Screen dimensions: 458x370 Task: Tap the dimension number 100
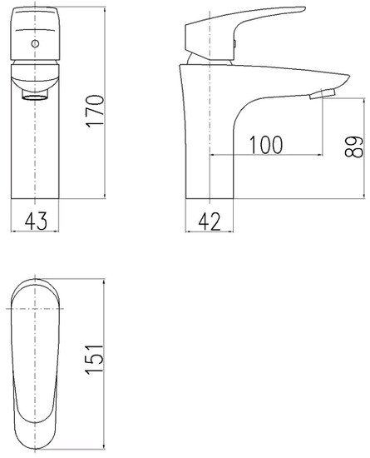[264, 145]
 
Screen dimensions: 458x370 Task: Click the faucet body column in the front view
[34, 158]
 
